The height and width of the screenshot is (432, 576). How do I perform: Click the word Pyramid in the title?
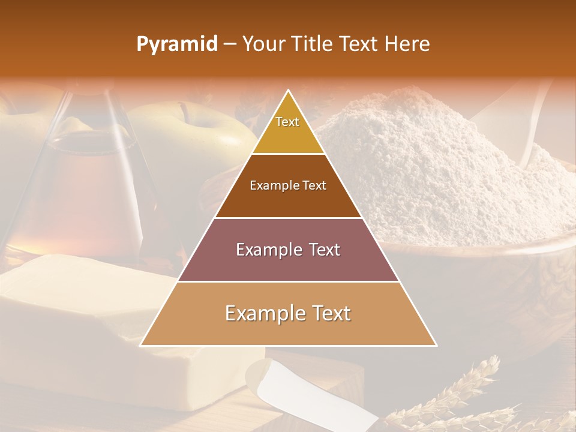coord(176,44)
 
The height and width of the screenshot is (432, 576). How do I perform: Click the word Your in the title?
coord(262,44)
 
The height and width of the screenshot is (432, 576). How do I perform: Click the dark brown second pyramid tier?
coord(288,186)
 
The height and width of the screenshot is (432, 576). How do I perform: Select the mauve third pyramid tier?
coord(288,250)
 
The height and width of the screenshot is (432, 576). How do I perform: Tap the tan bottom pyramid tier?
coord(288,314)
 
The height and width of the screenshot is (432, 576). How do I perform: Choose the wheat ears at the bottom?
coord(462,396)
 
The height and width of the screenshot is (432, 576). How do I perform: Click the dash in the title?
coord(230,44)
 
